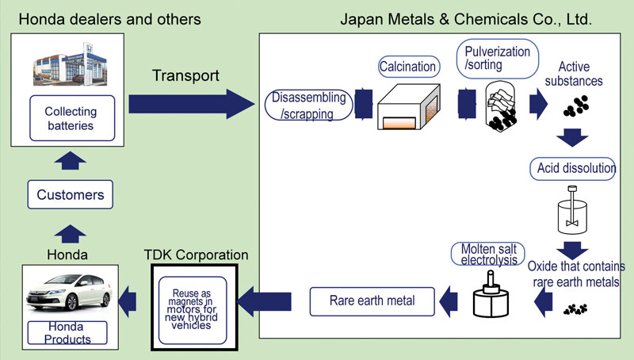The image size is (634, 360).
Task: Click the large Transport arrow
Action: (x=192, y=104)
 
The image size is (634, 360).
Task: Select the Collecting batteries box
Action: (x=72, y=118)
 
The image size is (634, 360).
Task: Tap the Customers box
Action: (x=71, y=194)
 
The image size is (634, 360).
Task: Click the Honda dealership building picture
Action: (x=71, y=64)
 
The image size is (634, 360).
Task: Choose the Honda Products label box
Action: (x=67, y=332)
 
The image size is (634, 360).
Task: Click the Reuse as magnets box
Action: (x=193, y=310)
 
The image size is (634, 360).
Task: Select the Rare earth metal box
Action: (x=372, y=301)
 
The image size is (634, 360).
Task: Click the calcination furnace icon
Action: (x=409, y=107)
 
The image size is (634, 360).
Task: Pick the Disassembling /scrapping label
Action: (x=308, y=105)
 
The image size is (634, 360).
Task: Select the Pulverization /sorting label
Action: (x=498, y=59)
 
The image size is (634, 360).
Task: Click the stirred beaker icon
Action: (x=572, y=210)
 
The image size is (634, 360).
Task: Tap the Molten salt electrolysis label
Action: (x=488, y=254)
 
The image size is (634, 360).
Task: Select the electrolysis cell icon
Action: (x=491, y=294)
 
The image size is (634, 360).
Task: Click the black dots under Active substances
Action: (x=576, y=106)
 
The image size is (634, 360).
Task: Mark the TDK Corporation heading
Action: (x=196, y=255)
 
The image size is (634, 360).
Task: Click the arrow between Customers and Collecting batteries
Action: (x=70, y=160)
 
